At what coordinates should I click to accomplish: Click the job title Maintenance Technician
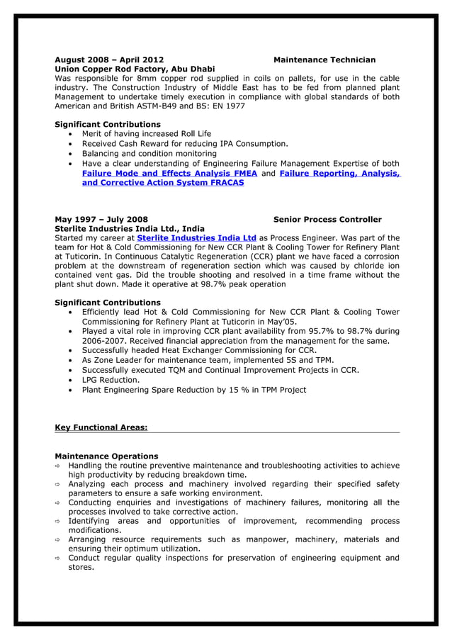click(x=324, y=60)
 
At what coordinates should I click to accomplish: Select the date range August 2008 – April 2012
click(x=109, y=60)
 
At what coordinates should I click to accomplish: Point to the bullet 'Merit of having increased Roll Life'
click(x=147, y=133)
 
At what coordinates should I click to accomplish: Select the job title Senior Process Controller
click(x=327, y=220)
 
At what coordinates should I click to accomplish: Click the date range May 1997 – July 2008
click(x=101, y=220)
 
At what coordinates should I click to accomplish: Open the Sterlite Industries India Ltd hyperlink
click(x=196, y=238)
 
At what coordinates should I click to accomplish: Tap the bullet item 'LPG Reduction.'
click(x=111, y=380)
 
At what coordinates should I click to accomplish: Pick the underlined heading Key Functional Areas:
click(x=101, y=427)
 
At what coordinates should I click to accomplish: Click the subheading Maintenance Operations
click(x=106, y=456)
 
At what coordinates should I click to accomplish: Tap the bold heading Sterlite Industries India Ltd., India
click(x=130, y=229)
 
